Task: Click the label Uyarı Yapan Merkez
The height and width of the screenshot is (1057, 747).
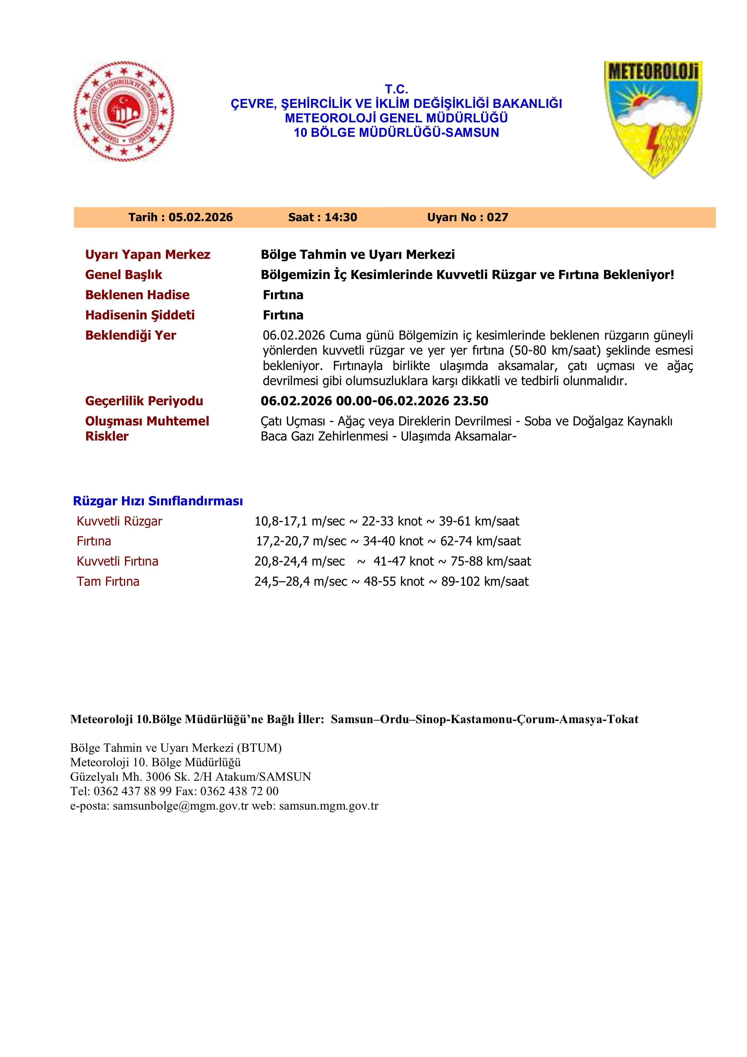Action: pos(148,255)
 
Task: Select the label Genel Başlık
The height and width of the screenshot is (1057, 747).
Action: pos(124,275)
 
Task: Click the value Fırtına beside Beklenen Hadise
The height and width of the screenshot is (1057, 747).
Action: pos(283,295)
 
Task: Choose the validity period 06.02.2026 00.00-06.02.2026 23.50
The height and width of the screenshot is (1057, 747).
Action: pos(375,401)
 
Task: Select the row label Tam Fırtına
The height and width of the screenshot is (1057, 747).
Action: pos(108,582)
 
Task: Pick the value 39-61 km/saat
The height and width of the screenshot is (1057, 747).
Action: pos(479,521)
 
